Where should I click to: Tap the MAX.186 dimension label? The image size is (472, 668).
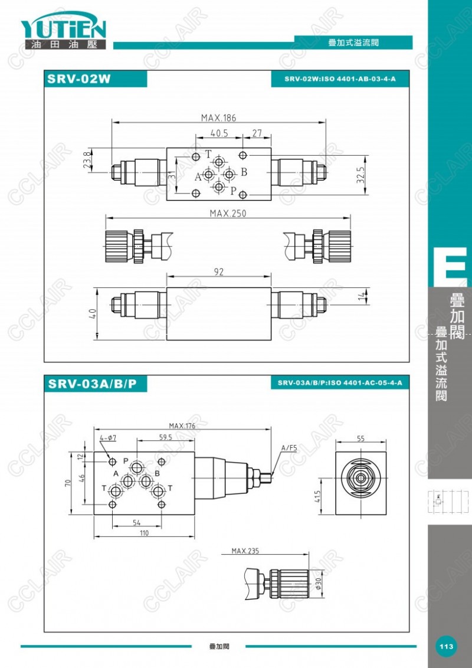[x=218, y=117]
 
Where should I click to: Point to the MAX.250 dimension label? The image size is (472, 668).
[x=228, y=213]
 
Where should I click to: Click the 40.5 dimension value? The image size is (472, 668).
[x=219, y=133]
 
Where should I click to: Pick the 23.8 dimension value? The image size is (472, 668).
[x=87, y=160]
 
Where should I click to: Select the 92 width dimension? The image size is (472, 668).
[x=218, y=272]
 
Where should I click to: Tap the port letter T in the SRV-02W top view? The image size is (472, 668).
[x=208, y=154]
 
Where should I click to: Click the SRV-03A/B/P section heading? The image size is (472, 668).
[x=93, y=384]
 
